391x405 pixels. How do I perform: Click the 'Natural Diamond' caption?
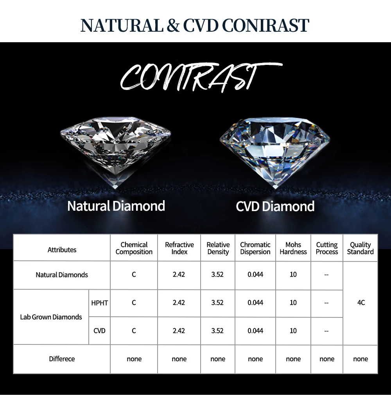[x=116, y=206]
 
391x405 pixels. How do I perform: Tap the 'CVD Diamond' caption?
[x=275, y=206]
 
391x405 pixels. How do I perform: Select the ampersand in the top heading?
[x=173, y=25]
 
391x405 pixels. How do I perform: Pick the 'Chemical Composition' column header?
[x=134, y=248]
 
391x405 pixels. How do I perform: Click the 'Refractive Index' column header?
[x=179, y=248]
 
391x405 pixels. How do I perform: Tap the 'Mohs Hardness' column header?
[x=293, y=248]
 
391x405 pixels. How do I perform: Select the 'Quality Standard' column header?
[x=360, y=248]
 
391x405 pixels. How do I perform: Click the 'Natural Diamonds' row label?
[x=62, y=274]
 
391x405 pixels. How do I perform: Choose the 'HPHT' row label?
[x=99, y=303]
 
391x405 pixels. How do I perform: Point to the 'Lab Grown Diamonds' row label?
[x=51, y=317]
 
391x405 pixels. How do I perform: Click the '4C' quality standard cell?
[x=361, y=303]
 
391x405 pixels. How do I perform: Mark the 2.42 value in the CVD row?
[x=179, y=331]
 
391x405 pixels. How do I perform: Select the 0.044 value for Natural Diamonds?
[x=255, y=274]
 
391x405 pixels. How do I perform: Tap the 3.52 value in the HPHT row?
[x=217, y=303]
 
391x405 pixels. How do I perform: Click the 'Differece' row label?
[x=62, y=359]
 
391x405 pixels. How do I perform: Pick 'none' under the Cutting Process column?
[x=327, y=359]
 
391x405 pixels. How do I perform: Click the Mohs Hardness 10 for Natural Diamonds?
[x=293, y=274]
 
